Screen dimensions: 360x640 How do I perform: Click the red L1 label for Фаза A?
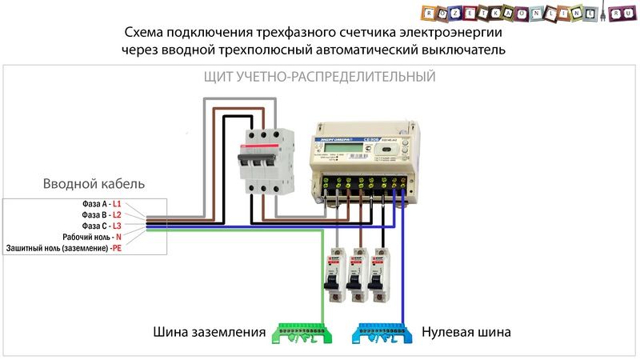tap(117, 204)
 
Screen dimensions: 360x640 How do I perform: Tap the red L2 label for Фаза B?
tap(117, 215)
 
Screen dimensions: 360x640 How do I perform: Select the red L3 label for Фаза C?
tap(117, 226)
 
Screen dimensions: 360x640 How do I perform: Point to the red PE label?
tap(117, 249)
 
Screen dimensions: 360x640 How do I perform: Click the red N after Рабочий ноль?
tap(118, 238)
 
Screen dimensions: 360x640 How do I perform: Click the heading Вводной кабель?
tap(94, 184)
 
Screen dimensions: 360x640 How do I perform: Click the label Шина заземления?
tap(209, 330)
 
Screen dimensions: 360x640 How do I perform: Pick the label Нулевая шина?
tap(466, 330)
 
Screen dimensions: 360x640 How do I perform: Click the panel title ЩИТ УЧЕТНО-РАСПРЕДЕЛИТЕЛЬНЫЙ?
tap(317, 78)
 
